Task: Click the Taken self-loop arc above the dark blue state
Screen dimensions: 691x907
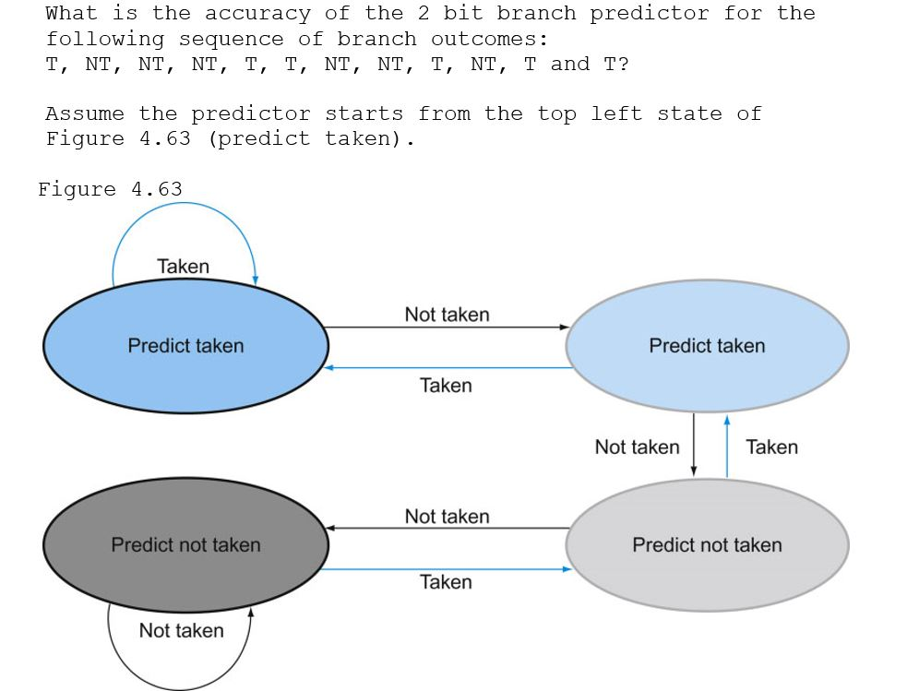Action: (183, 204)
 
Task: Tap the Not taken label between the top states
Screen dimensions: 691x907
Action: (447, 315)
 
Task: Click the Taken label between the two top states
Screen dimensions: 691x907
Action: (446, 386)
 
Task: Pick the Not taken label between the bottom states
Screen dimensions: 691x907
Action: (447, 517)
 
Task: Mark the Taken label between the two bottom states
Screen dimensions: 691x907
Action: (446, 582)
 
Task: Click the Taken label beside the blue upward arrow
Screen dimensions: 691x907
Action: (771, 447)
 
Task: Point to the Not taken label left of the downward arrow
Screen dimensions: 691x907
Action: (637, 447)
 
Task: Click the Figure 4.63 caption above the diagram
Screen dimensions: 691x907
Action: (111, 189)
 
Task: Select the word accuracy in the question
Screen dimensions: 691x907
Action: (257, 14)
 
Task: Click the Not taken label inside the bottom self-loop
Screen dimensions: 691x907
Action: (181, 631)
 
